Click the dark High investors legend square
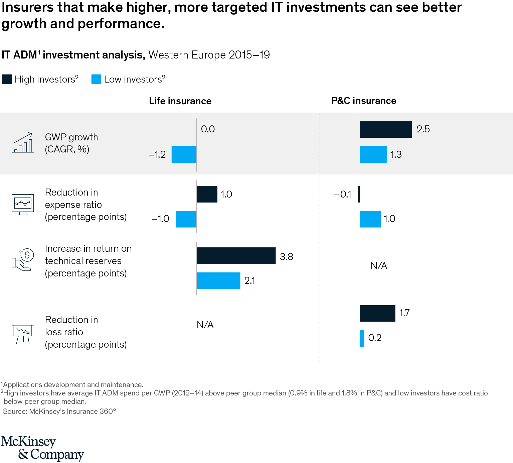coord(7,79)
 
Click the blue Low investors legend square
coord(96,79)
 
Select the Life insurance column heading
coord(180,101)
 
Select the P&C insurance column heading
coord(364,101)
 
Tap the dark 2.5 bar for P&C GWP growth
coord(386,129)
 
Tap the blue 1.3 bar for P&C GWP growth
coord(373,154)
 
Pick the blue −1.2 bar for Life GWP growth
coord(184,154)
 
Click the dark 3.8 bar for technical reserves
coord(236,256)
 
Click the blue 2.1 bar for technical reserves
coord(218,281)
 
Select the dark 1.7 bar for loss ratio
coord(377,314)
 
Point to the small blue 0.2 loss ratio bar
coord(362,338)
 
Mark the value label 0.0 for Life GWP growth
coord(208,129)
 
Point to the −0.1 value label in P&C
coord(343,194)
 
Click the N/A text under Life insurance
coord(205,325)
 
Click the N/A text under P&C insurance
coord(379,266)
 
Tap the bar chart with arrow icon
coord(23,143)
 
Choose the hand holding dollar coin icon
coord(23,259)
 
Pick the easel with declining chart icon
coord(23,333)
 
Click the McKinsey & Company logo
coord(42,448)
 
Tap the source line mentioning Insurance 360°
coord(59,411)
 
